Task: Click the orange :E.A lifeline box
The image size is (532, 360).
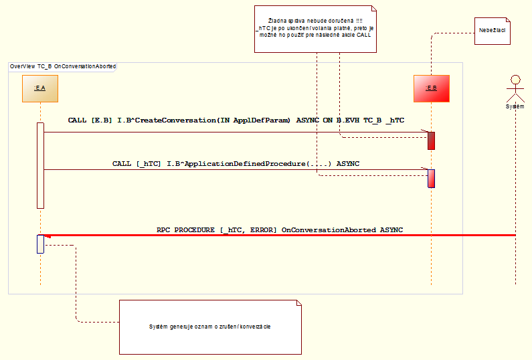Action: [40, 88]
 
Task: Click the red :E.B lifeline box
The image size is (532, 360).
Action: [432, 88]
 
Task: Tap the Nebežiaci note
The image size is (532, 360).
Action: [492, 31]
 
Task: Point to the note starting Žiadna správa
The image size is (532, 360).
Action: [315, 29]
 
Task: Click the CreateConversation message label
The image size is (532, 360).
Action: [236, 120]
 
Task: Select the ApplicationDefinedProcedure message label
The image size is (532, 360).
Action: [236, 163]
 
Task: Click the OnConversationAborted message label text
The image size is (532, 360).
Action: [280, 230]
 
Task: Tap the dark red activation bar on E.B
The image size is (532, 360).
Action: [432, 141]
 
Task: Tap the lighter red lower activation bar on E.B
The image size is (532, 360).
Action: [432, 179]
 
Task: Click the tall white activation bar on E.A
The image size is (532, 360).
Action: [40, 165]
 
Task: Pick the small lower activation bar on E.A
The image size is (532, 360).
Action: [40, 244]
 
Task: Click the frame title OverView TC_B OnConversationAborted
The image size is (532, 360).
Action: [63, 67]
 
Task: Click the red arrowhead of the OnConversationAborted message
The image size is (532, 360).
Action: [48, 236]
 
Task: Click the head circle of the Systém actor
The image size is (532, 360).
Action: [515, 80]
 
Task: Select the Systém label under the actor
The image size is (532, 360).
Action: [515, 106]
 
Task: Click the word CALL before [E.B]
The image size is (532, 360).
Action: [78, 120]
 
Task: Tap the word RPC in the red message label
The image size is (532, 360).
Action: [163, 230]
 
